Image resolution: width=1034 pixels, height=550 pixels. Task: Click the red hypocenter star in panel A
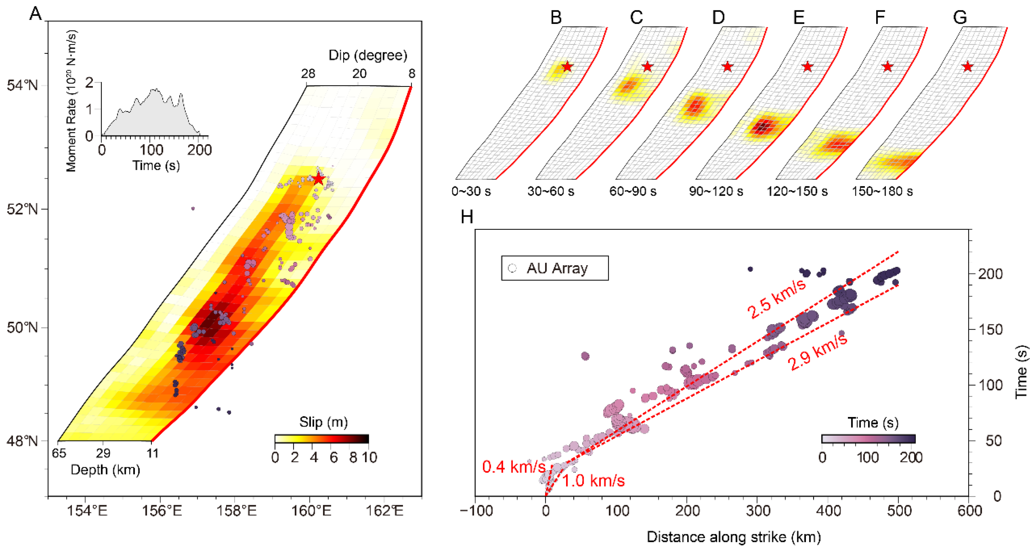319,179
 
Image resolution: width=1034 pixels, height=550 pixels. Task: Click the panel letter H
467,217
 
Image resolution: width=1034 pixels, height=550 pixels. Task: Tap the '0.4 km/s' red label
514,467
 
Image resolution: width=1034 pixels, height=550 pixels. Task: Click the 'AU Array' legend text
557,268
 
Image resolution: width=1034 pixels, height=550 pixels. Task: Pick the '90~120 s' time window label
716,191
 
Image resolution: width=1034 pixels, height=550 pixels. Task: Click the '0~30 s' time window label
471,191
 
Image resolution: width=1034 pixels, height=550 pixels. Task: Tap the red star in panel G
967,66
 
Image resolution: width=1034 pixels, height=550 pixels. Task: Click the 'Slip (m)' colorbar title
324,422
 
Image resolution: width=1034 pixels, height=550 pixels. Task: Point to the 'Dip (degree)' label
368,55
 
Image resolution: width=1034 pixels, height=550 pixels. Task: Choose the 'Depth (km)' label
105,469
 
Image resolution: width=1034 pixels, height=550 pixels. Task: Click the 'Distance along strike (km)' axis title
734,537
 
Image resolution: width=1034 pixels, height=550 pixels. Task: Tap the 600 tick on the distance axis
969,511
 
